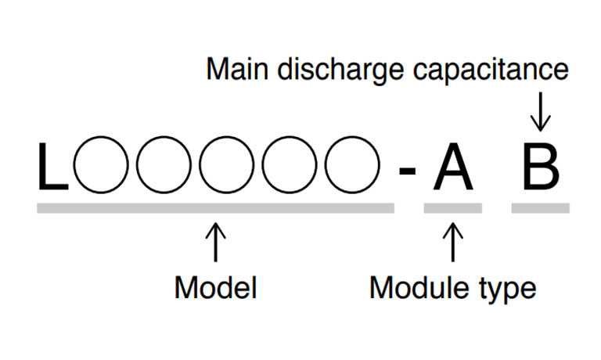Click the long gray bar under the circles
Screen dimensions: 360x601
pos(215,208)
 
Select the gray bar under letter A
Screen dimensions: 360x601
pos(452,208)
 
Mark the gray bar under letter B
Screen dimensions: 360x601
pos(540,208)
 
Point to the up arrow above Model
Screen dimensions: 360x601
pos(215,243)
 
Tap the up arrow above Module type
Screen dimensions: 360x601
pos(452,243)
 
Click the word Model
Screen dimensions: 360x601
pos(215,287)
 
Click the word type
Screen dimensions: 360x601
pos(507,290)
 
